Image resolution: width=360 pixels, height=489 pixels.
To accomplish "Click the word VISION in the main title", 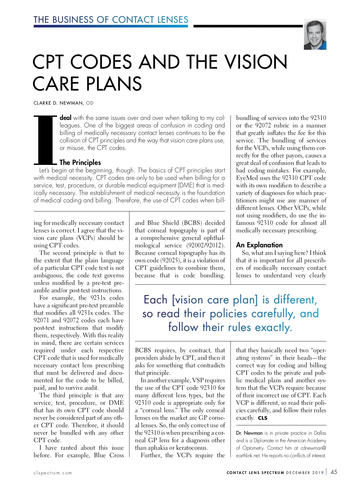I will pos(256,62).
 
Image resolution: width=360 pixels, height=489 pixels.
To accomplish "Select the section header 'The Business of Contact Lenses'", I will pos(111,20).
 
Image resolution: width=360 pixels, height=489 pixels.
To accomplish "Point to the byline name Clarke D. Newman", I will pos(58,103).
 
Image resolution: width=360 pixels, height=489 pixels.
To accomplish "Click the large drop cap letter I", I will pos(45,140).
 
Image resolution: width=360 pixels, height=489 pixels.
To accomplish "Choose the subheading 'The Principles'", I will pos(80,163).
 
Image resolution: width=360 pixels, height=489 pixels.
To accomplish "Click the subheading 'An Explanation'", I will pos(259,245).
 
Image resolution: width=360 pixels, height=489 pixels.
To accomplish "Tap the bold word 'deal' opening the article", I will pos(65,118).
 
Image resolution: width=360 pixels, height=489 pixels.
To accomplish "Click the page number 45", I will pos(334,472).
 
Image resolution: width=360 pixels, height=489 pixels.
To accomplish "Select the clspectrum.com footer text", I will pos(53,473).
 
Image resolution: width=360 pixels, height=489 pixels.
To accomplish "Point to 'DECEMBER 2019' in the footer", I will pos(305,473).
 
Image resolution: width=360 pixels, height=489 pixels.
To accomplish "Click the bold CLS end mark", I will pos(262,418).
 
